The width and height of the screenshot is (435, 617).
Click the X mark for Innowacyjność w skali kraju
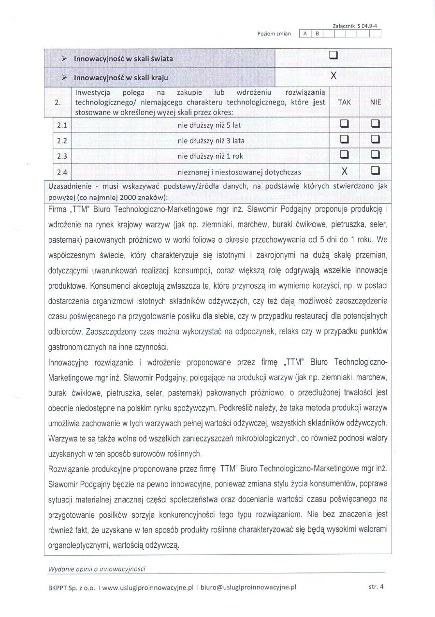333,76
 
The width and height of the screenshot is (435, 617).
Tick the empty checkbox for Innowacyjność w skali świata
333,58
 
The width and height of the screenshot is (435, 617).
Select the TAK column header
344,103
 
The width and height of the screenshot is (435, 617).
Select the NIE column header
376,103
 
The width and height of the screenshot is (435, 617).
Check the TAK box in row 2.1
344,125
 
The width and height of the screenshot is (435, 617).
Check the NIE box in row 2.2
376,140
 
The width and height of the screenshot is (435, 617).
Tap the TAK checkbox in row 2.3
344,156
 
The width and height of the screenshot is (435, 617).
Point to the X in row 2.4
344,171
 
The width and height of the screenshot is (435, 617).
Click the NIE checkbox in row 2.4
376,171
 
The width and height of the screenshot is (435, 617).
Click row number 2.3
61,156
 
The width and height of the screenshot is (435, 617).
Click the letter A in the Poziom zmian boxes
305,34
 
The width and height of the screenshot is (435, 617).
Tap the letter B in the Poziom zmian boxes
317,34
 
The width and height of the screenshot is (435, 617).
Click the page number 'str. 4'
376,587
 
